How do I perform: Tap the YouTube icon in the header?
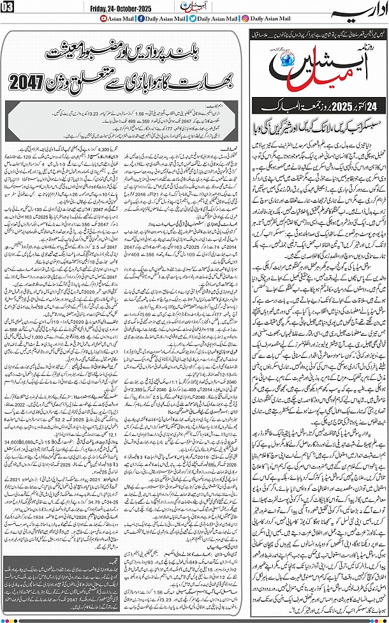coord(105,19)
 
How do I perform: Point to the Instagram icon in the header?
coord(247,19)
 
